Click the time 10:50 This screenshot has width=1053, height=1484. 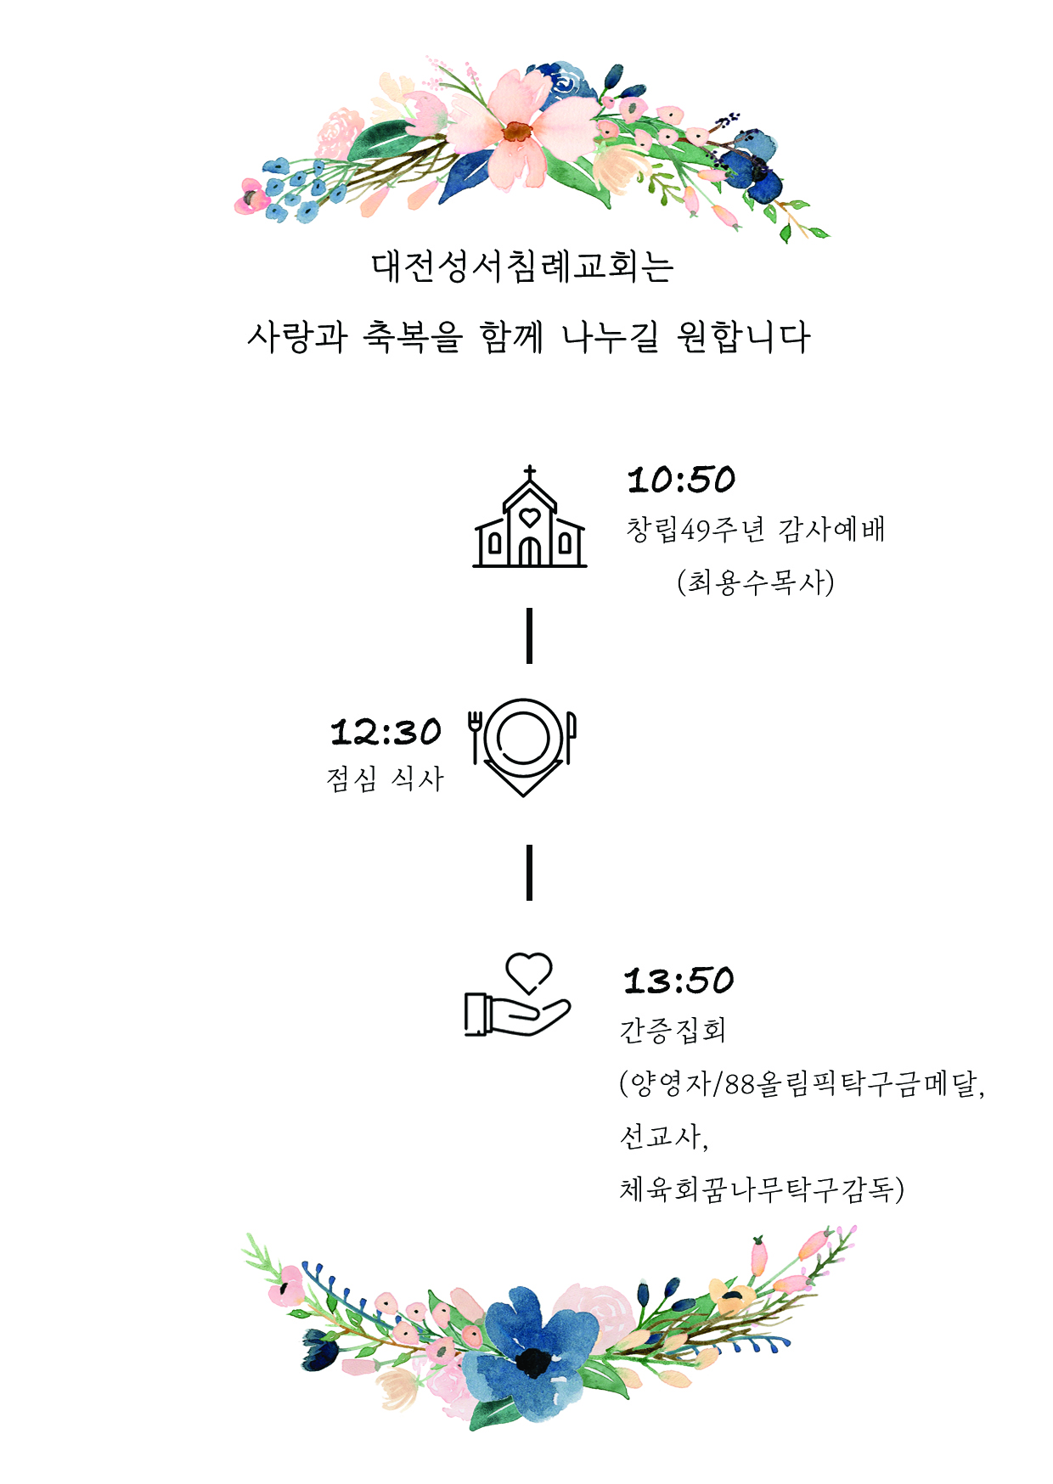[x=681, y=480]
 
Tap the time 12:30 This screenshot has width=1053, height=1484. [x=386, y=732]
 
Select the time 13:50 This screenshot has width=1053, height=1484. [x=679, y=981]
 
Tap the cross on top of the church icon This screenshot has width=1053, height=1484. [x=530, y=473]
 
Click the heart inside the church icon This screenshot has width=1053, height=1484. [x=530, y=516]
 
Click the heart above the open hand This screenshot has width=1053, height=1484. [x=529, y=973]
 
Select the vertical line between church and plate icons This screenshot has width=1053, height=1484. [x=530, y=635]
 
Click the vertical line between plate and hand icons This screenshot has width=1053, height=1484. [x=530, y=872]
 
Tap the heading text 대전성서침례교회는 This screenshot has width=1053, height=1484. [x=523, y=266]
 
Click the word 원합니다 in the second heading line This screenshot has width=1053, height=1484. [x=744, y=337]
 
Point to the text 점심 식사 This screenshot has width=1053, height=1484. [x=386, y=779]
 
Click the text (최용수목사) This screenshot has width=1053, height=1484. [x=756, y=582]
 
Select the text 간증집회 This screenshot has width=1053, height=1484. [x=673, y=1030]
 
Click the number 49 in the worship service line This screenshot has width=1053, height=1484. [x=695, y=531]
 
